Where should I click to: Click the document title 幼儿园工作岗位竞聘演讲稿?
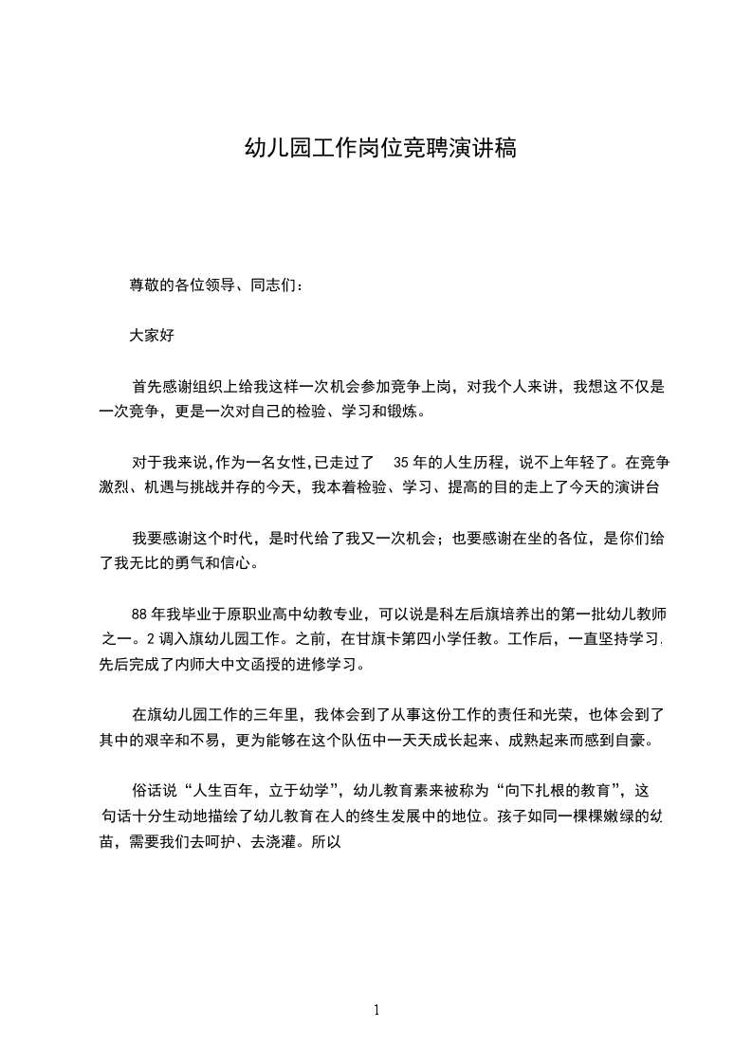(380, 149)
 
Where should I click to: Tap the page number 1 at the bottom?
(376, 1010)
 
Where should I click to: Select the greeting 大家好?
(152, 335)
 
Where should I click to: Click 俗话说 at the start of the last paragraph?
(151, 789)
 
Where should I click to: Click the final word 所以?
(325, 839)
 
